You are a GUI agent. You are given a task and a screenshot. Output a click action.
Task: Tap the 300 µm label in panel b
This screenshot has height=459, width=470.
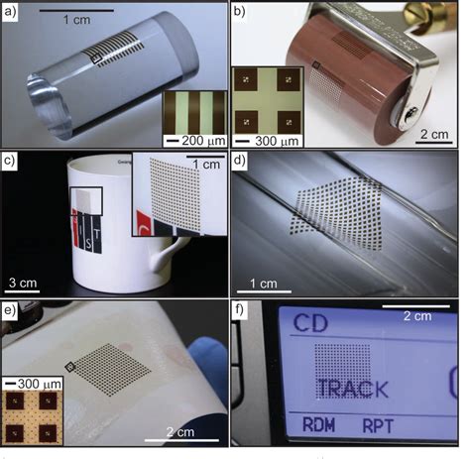click(277, 139)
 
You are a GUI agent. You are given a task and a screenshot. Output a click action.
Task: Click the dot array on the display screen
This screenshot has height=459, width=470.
click(342, 363)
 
